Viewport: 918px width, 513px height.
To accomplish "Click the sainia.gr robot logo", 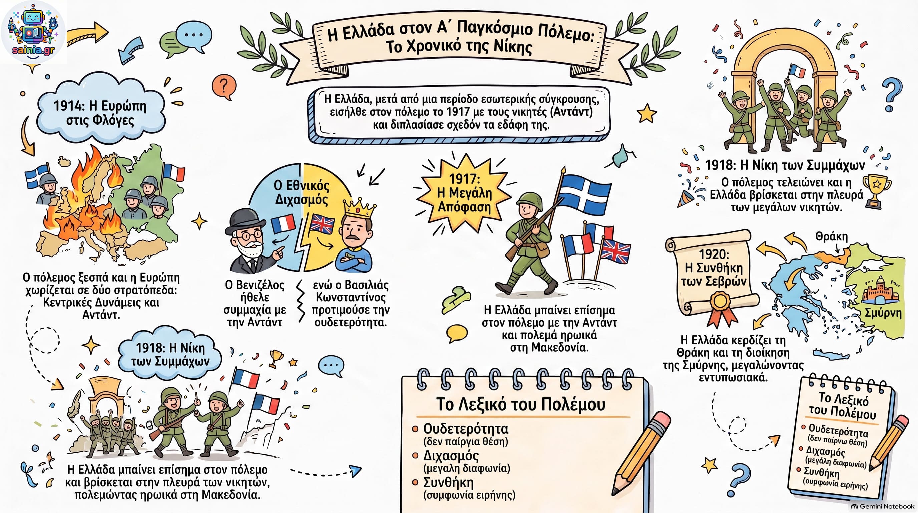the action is coord(33,32).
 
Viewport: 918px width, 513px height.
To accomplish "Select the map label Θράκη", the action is coord(831,236).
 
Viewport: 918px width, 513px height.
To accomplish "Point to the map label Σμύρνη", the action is coord(883,313).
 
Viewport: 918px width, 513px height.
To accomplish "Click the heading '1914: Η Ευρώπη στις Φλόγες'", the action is coord(100,113).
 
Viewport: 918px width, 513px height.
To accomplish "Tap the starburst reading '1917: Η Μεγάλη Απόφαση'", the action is coord(464,193).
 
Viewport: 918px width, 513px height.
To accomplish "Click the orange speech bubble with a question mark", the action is coord(224,87).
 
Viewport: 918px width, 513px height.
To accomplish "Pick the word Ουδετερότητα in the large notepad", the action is coord(465,429).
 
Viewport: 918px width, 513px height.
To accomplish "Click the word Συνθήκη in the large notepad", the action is coord(448,482).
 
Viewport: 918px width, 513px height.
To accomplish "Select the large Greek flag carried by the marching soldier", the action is coord(584,194).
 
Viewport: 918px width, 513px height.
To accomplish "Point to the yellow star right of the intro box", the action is coord(647,113).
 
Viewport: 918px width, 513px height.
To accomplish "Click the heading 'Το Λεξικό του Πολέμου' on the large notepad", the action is coord(521,404).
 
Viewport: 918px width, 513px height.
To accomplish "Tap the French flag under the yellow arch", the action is coord(797,71).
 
